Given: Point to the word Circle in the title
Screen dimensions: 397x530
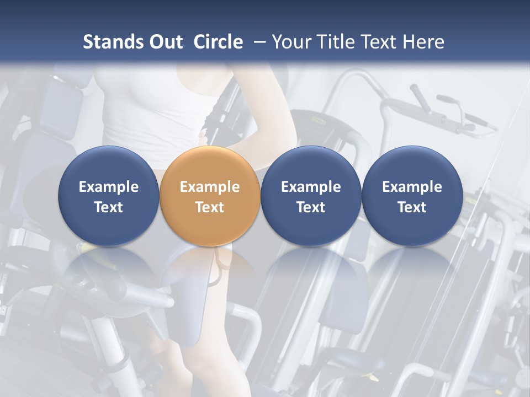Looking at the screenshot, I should coord(218,42).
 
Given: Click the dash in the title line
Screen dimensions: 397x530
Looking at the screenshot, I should coord(257,42).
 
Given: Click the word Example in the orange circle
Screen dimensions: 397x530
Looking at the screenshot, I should coord(210,187).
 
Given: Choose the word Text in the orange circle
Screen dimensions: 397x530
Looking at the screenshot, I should coord(210,207).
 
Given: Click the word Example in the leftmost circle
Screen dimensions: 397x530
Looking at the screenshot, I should coord(108,187).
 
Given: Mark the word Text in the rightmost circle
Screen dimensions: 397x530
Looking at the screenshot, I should coord(412,207).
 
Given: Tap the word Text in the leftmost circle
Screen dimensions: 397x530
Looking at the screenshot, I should coord(108,207).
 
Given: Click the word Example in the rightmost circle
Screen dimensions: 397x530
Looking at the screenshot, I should coord(412,187).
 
